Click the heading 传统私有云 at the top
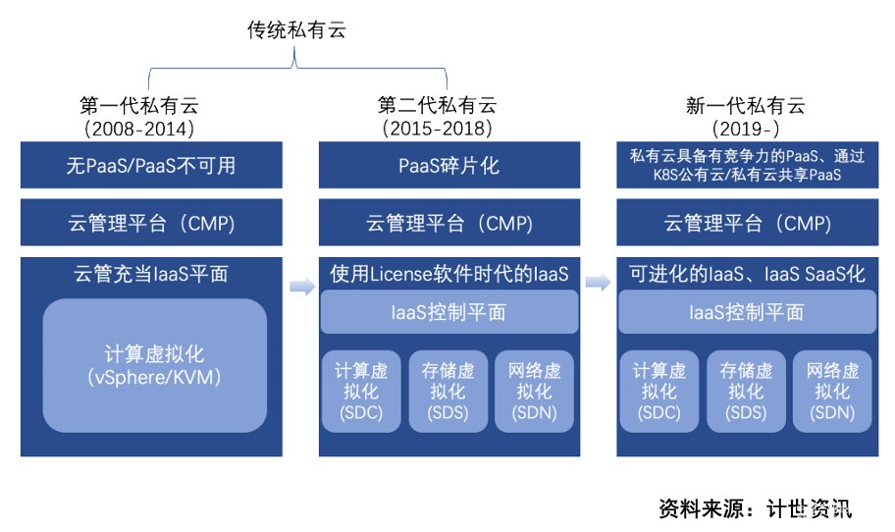[x=296, y=31]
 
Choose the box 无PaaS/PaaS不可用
[x=151, y=165]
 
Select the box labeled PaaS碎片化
[x=448, y=165]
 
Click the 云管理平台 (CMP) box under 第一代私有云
[x=151, y=223]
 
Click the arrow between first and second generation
[x=301, y=285]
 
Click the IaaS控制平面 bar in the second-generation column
[x=448, y=312]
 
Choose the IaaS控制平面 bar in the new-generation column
[x=747, y=312]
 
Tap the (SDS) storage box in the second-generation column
[x=448, y=391]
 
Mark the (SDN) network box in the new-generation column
[x=833, y=391]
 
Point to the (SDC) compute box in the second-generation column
[x=361, y=391]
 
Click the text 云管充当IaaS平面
[x=151, y=274]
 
